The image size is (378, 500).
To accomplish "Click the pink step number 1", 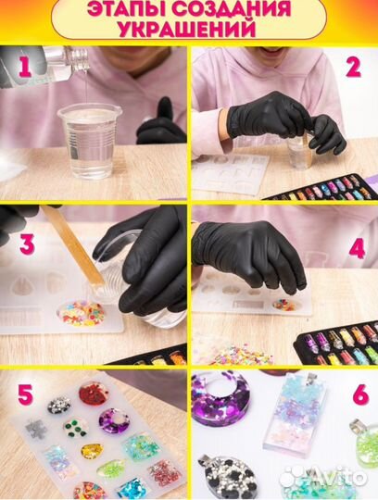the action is pos(25,68).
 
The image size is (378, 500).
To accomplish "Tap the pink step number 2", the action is pos(353,68).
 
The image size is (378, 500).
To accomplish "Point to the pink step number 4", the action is pos(357,249).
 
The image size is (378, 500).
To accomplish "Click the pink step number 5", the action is pos(25,394).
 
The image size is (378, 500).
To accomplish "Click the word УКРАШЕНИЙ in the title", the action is pos(187,30).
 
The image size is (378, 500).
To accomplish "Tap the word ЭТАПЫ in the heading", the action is pos(126,9).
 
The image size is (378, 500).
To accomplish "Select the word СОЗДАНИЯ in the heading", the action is pos(232,9).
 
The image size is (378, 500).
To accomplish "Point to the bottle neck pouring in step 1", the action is pos(77,59).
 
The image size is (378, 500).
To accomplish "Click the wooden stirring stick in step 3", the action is pos(73,246).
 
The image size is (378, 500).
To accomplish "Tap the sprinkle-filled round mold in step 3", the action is pos(81,313).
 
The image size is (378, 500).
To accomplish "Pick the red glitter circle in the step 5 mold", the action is pos(93,394).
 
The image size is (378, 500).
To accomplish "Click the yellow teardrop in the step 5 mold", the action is pos(92,451).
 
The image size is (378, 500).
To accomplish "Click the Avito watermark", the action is pos(325,477).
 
